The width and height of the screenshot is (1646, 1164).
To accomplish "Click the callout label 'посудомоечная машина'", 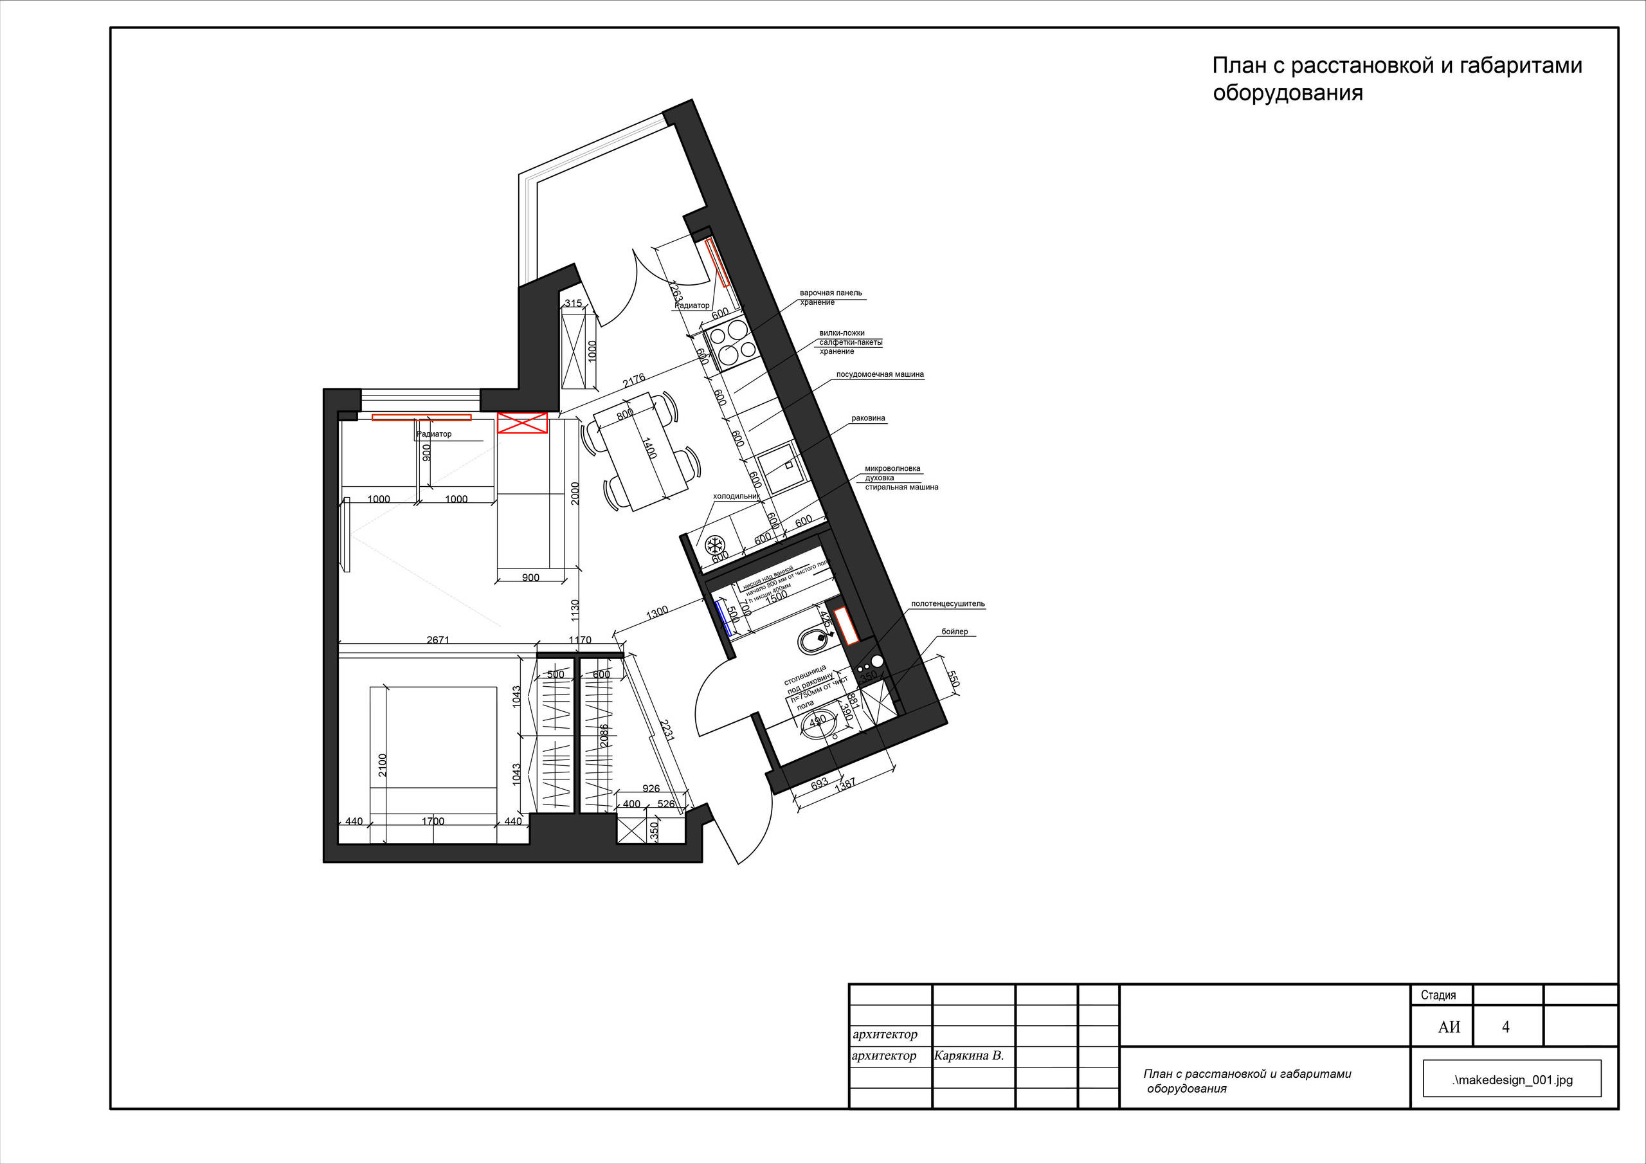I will [880, 374].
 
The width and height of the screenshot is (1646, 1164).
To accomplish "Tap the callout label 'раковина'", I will [868, 418].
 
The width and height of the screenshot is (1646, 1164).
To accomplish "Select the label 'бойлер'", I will [954, 632].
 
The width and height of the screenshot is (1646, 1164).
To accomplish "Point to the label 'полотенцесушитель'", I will [948, 604].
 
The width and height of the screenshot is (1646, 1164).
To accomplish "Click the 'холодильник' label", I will [736, 496].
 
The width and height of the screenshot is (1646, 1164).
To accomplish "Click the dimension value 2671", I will [437, 640].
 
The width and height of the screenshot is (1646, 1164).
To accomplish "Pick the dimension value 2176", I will [634, 380].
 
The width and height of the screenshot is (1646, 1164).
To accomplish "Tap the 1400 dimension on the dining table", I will [649, 448].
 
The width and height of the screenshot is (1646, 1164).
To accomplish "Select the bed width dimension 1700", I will [432, 821].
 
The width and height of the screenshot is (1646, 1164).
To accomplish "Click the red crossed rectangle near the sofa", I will [522, 423].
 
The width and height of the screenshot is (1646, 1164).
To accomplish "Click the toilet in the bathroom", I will [814, 640].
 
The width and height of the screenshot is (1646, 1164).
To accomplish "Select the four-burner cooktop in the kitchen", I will [729, 341].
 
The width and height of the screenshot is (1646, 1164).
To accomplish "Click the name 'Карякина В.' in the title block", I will [968, 1056].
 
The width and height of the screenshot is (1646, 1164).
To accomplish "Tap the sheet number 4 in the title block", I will [1505, 1027].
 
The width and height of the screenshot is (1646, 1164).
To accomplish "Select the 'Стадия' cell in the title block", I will [1438, 995].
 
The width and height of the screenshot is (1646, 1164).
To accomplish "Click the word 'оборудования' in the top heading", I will [1288, 93].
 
